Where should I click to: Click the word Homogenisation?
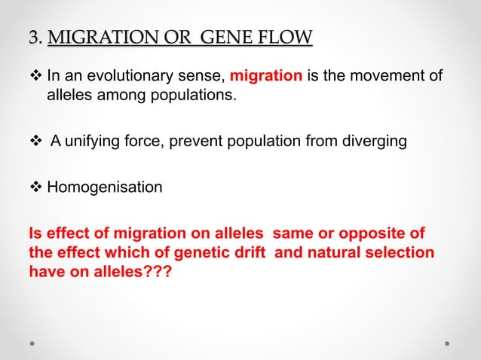(105, 186)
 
